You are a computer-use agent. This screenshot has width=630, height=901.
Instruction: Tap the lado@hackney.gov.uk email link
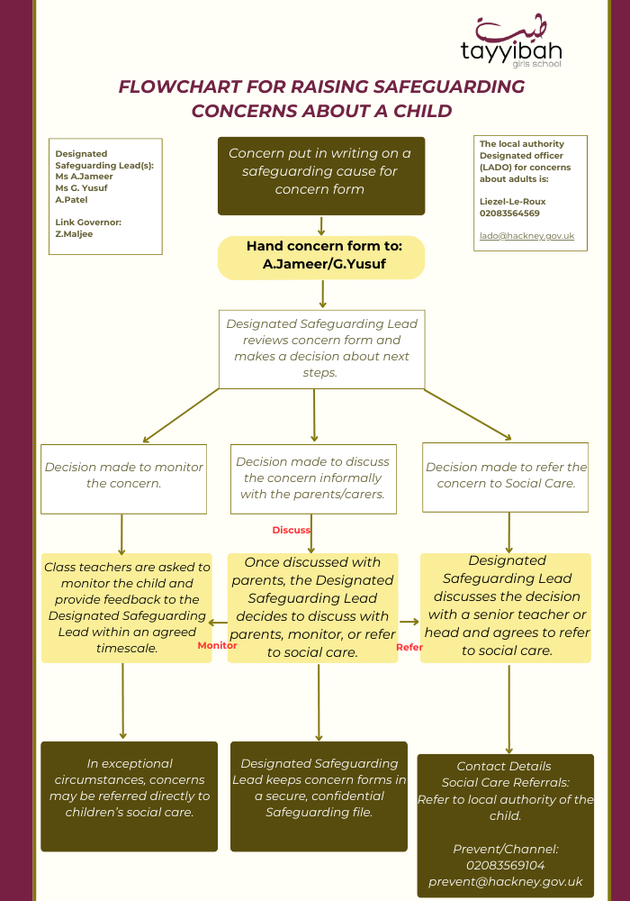click(x=526, y=236)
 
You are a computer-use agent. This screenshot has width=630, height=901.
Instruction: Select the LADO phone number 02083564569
click(x=509, y=214)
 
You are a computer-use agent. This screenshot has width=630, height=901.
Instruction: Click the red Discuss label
click(x=291, y=530)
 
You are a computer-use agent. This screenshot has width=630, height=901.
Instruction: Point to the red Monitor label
click(x=217, y=645)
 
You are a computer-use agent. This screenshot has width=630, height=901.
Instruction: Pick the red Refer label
click(x=409, y=647)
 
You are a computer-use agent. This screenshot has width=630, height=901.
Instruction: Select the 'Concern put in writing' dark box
click(x=320, y=176)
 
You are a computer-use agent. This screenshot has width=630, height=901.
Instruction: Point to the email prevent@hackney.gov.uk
click(x=505, y=881)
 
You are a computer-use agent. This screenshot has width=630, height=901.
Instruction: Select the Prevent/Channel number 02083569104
click(x=505, y=865)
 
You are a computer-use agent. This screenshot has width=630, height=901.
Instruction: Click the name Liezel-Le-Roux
click(x=513, y=202)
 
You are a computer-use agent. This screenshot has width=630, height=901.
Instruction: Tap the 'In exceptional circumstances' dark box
click(x=130, y=796)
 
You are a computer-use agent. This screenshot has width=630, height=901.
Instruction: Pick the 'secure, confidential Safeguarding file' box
click(x=319, y=796)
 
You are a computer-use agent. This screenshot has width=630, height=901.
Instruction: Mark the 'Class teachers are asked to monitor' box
click(x=127, y=607)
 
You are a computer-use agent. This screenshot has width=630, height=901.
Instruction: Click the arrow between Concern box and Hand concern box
click(x=321, y=225)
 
